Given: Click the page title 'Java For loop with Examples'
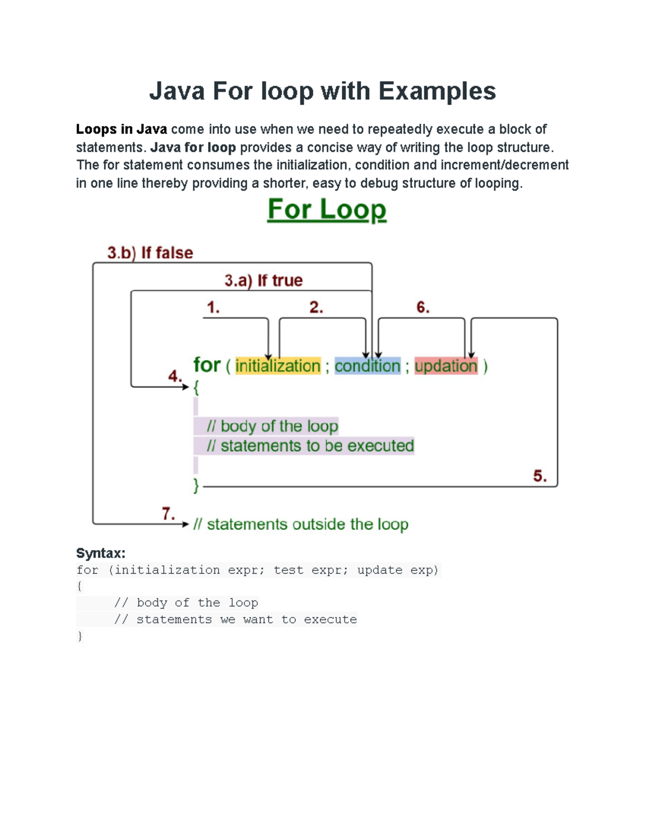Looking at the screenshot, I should [322, 91].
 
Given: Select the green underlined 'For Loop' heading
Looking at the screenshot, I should [327, 209].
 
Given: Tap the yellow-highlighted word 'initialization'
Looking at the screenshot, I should [278, 366].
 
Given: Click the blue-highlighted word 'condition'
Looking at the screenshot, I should [368, 366].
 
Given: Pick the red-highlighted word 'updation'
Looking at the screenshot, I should [446, 366].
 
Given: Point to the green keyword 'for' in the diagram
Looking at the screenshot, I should [207, 365].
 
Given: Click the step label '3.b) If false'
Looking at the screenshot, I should [150, 252].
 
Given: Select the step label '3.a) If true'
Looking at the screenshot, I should [263, 280].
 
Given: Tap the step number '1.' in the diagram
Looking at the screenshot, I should [213, 307].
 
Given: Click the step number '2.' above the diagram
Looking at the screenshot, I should [316, 307].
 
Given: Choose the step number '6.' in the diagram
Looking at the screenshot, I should [423, 307].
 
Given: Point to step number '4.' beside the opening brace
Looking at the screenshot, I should [175, 376].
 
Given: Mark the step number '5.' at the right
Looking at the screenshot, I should [540, 476].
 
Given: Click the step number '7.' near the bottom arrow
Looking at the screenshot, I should [168, 514].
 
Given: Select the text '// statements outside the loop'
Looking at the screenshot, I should [301, 524].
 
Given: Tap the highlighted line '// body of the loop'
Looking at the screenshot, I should [272, 426].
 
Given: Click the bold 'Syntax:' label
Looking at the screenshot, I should [101, 553].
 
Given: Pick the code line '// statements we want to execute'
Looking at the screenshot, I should [235, 620].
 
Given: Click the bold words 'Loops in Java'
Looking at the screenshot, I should [121, 129].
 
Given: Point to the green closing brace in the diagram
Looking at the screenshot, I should [196, 486].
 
